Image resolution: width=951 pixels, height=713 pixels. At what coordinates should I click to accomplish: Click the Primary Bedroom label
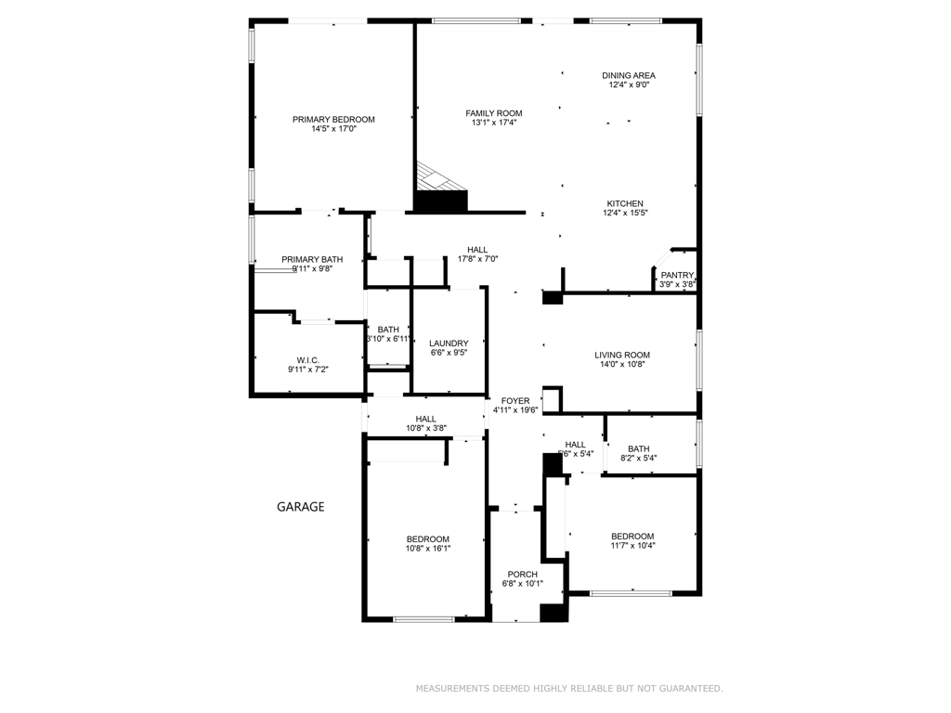click(x=333, y=119)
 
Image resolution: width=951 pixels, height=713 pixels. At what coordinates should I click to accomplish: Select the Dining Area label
click(x=629, y=75)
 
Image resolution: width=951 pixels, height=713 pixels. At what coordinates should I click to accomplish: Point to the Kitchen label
click(x=625, y=203)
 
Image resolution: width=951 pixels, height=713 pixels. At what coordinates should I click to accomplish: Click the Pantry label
click(x=677, y=275)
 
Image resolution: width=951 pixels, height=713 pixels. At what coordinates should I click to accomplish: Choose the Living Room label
click(x=622, y=355)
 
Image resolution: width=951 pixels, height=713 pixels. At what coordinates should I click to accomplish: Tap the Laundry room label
click(x=449, y=344)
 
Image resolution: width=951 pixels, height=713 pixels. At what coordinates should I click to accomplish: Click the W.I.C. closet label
click(x=308, y=359)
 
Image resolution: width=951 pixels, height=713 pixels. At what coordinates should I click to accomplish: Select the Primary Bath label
click(x=312, y=259)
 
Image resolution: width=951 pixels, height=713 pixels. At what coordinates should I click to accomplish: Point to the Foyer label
click(x=515, y=401)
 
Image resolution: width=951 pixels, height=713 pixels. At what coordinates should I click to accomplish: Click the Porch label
click(x=522, y=575)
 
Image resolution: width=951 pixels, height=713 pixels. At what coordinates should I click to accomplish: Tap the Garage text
click(x=301, y=507)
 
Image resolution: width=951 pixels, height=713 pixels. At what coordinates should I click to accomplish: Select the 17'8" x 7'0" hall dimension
click(x=478, y=259)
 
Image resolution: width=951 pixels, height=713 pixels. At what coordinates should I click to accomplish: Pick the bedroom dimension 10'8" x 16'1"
click(x=427, y=549)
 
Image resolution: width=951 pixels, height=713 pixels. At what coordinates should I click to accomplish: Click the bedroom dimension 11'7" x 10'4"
click(x=632, y=546)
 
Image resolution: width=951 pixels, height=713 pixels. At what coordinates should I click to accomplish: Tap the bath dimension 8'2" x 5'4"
click(x=638, y=459)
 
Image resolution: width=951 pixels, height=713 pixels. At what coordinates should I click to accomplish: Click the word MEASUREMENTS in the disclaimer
click(x=452, y=689)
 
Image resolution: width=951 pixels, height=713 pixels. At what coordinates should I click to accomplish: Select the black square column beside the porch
click(x=554, y=613)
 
